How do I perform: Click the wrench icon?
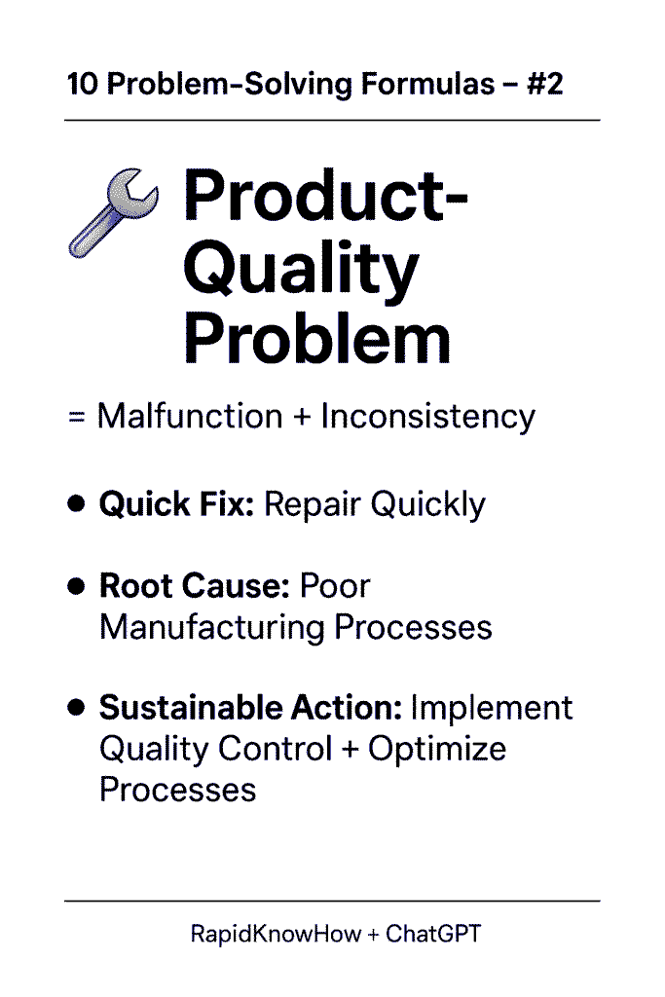pos(113,212)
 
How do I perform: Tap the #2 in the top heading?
pos(545,84)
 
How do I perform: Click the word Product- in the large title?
pos(325,196)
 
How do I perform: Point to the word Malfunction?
pos(190,417)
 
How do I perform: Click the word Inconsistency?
pos(427,418)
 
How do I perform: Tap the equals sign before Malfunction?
pos(76,418)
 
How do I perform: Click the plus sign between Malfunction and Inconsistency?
pos(302,418)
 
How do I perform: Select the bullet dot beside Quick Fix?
pos(76,503)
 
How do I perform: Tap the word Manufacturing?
pos(212,628)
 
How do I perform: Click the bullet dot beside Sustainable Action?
pos(76,707)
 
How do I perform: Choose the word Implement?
pos(492,709)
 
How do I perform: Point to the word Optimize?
pos(437,749)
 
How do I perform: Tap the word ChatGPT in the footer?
pos(433,934)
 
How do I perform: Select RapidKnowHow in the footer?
pos(276,934)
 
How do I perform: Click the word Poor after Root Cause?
pos(334,585)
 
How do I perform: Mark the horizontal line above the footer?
pos(332,901)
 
